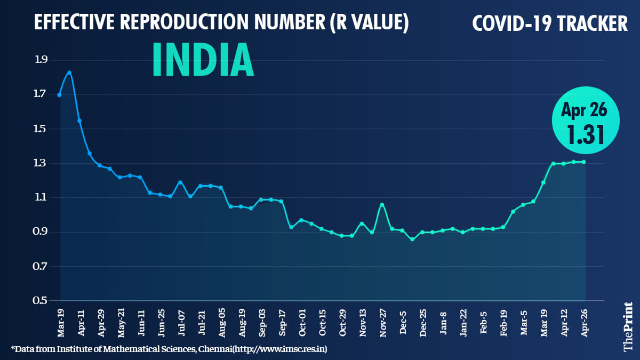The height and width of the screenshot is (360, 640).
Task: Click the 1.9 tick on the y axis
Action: [41, 60]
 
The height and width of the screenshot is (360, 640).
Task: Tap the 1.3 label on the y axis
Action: [41, 163]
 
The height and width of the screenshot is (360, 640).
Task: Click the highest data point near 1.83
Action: [69, 73]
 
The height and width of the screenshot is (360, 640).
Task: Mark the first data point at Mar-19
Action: [59, 95]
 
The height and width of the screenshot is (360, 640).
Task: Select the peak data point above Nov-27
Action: [382, 204]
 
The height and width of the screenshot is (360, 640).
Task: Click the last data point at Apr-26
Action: [585, 162]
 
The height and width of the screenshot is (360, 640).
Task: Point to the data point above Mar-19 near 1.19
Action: [543, 182]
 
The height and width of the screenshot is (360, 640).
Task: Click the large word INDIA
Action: [203, 59]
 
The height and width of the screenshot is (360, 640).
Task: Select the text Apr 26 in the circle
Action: [585, 110]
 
